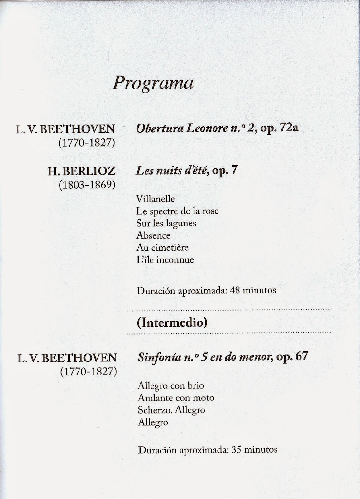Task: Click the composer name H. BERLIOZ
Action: pos(81,171)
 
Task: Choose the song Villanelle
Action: pos(155,199)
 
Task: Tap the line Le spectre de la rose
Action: pos(177,211)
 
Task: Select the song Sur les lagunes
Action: pos(166,223)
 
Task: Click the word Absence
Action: pos(153,235)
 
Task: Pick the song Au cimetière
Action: pos(162,248)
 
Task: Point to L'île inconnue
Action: pos(165,260)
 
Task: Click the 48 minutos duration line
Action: pos(206,291)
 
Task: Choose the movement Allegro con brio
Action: pos(170,385)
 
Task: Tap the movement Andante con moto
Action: pos(176,398)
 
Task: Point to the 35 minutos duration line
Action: pos(207,450)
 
